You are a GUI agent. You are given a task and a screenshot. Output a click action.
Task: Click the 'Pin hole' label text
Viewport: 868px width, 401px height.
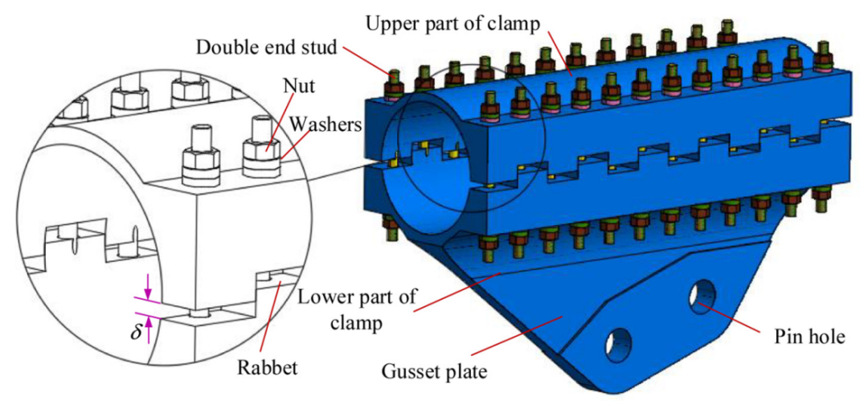805,337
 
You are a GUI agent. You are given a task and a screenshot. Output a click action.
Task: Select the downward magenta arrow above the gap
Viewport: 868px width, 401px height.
148,294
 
